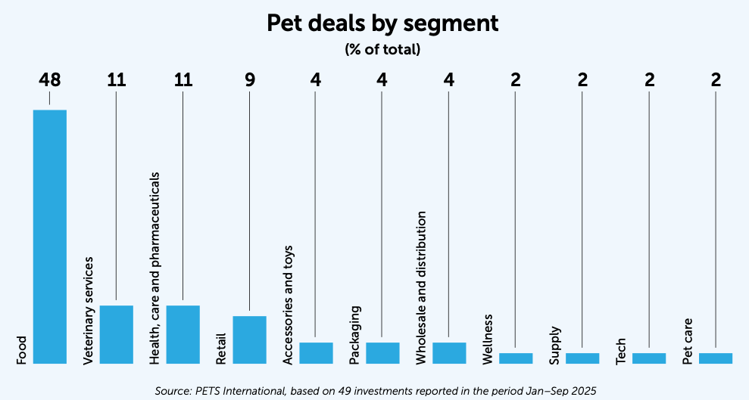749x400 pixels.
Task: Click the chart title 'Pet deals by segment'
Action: [382, 23]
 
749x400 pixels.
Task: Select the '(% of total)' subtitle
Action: [382, 50]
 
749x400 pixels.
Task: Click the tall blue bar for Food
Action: [50, 237]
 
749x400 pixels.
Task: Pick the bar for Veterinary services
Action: [116, 334]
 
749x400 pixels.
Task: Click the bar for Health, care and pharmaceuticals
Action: [183, 334]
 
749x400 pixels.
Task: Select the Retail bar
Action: [249, 340]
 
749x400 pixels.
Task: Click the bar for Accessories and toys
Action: [316, 352]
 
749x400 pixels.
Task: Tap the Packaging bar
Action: [382, 352]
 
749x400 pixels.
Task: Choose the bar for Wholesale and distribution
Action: [449, 352]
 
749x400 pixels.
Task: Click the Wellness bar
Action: [516, 358]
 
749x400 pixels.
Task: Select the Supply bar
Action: [582, 358]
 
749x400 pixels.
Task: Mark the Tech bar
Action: [649, 358]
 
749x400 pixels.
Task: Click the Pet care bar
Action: [716, 358]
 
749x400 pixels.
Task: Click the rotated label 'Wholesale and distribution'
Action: [422, 288]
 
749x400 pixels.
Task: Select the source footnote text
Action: [376, 391]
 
